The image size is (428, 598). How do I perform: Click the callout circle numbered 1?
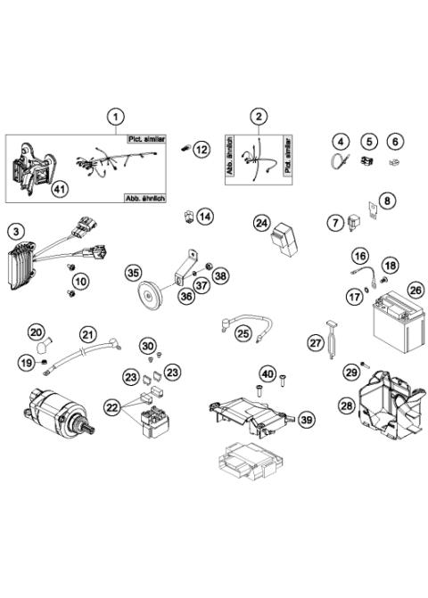click(x=114, y=116)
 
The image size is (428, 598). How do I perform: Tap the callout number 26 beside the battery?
click(x=415, y=290)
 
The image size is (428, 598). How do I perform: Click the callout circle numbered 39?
click(x=306, y=419)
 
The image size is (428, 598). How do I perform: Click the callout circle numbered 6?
click(x=396, y=141)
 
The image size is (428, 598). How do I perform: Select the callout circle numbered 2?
click(x=259, y=116)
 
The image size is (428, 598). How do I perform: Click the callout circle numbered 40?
click(x=267, y=373)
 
